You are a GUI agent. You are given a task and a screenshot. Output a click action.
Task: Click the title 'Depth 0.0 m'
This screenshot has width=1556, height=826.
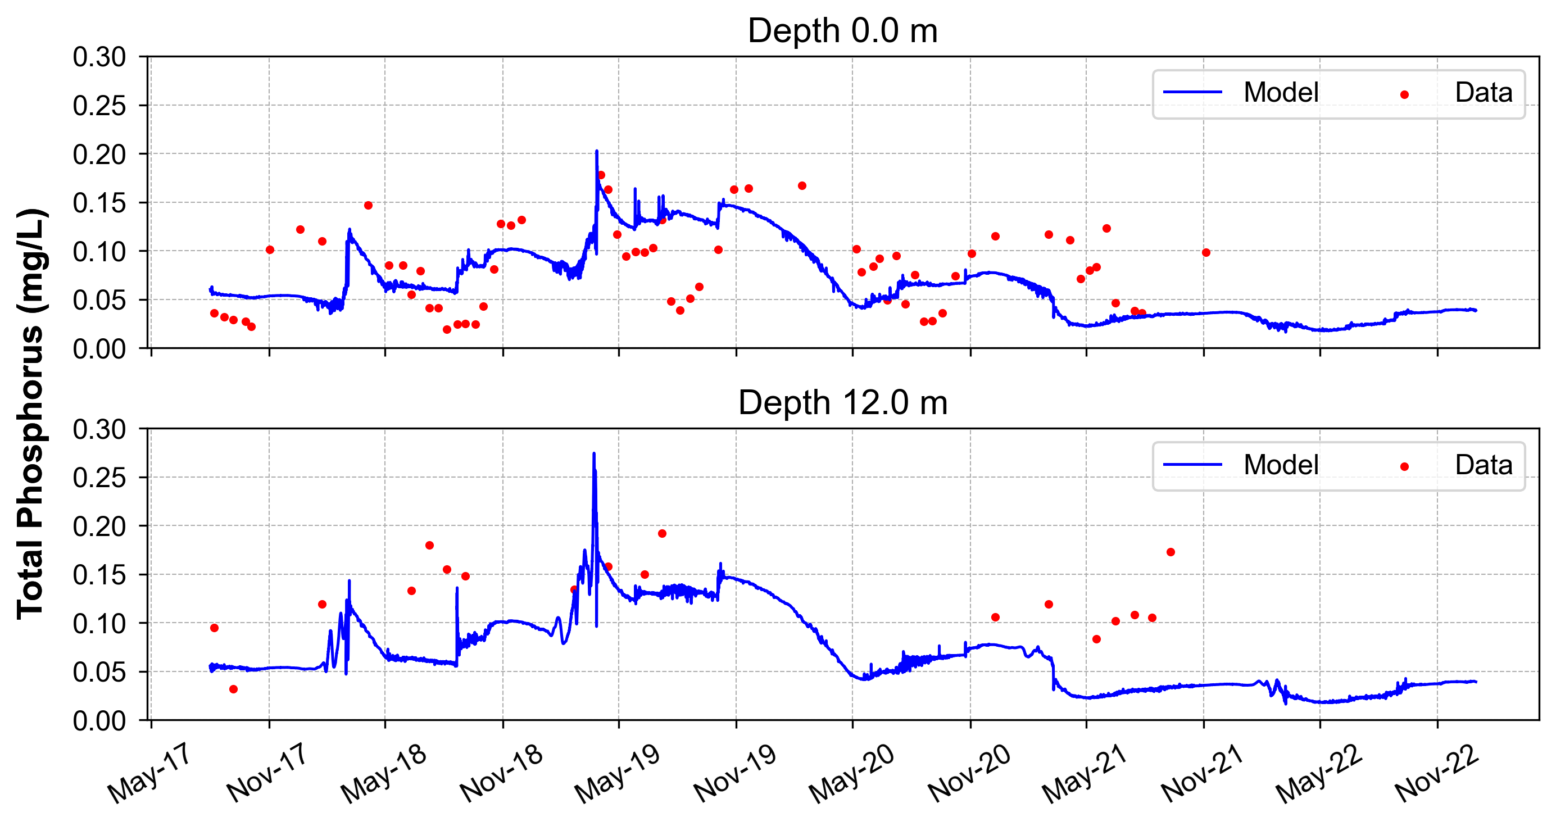[843, 31]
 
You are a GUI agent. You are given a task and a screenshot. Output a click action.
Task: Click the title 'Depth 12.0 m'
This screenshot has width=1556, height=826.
[843, 403]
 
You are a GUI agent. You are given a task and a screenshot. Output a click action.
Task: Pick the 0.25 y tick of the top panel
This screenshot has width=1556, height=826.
[99, 106]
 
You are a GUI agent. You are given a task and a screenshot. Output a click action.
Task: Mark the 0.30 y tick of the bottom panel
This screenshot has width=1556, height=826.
[99, 430]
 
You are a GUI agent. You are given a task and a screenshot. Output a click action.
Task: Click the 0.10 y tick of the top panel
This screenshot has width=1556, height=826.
[99, 252]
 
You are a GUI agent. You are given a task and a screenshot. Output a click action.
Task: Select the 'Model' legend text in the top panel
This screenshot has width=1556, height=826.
[1281, 93]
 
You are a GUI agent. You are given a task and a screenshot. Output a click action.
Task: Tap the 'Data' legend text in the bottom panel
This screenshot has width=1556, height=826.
[1484, 465]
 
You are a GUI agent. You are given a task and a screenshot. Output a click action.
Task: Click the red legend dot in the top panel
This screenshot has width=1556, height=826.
[1404, 95]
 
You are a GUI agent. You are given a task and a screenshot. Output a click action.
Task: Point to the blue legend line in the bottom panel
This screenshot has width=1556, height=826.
[1192, 465]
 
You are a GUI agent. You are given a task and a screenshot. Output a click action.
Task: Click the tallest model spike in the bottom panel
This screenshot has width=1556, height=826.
[594, 453]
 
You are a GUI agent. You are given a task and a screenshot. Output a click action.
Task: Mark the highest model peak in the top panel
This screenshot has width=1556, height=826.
[597, 151]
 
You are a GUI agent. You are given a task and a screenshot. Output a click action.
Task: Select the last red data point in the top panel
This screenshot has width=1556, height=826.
[1206, 252]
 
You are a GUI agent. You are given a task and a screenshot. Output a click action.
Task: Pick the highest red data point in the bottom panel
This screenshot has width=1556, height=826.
[662, 534]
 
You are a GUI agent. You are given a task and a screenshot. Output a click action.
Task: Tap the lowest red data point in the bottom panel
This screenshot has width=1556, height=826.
[234, 689]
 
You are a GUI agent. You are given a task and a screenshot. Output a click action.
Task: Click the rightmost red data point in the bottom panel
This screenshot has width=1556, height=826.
[1171, 552]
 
